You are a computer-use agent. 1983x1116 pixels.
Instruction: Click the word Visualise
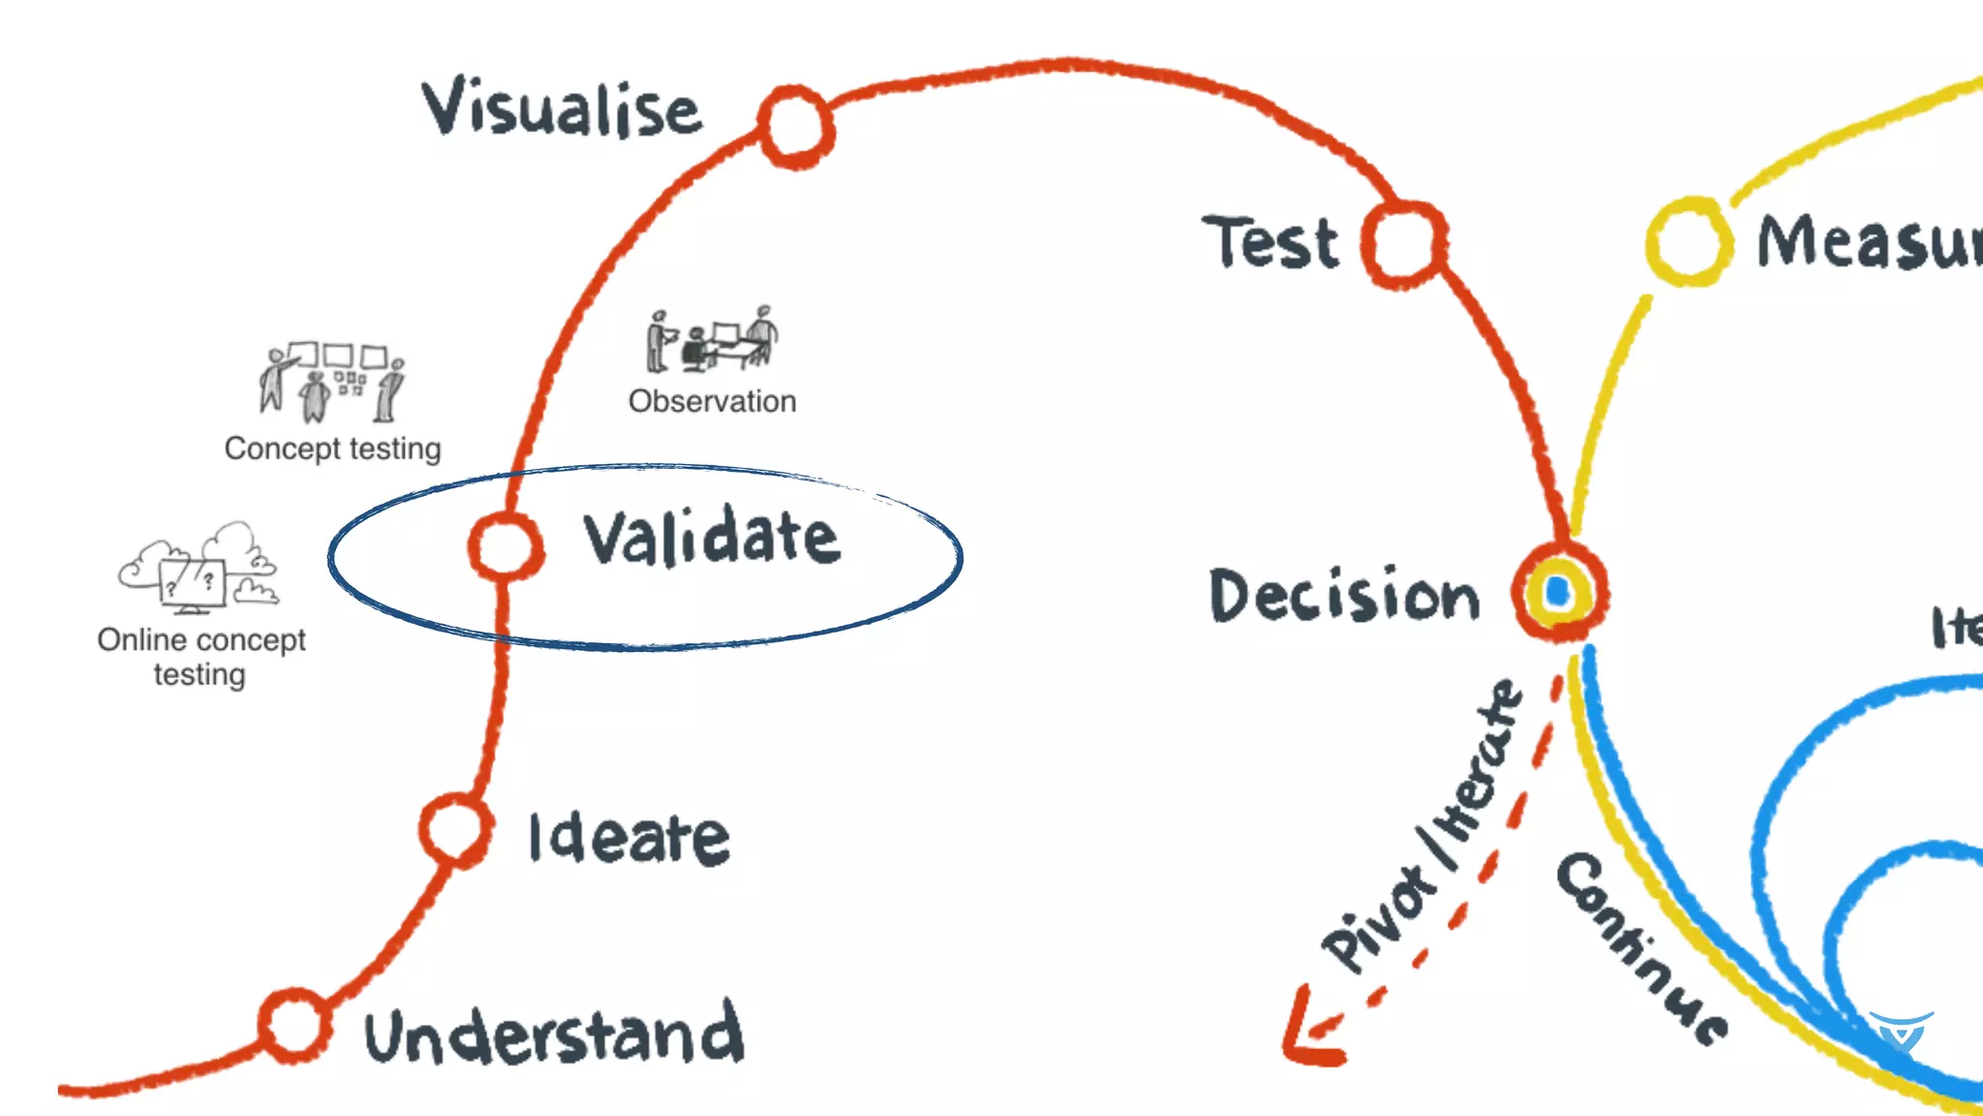[562, 108]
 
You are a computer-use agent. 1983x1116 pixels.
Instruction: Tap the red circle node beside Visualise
[795, 126]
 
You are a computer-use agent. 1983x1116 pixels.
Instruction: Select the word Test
[1270, 242]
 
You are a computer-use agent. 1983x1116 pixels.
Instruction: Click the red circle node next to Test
[1404, 244]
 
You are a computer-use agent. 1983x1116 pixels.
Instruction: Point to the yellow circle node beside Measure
[1689, 241]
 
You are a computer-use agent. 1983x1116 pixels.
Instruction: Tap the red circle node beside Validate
[504, 546]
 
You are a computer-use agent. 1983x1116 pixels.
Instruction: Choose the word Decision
[1345, 595]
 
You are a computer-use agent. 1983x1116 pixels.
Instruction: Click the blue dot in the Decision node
[1558, 591]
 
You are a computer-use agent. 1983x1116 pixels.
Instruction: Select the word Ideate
[629, 839]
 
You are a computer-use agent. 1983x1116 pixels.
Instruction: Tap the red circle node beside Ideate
[455, 830]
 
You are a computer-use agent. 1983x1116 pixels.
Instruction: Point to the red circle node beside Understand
[294, 1025]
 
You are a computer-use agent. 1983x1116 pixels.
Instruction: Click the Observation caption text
[712, 401]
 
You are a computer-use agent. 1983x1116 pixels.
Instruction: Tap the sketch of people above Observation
[712, 340]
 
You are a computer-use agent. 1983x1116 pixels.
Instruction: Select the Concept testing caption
[332, 449]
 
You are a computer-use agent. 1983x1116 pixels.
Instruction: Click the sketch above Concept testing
[331, 382]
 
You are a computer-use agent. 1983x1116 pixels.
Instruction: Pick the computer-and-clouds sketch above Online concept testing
[199, 569]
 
